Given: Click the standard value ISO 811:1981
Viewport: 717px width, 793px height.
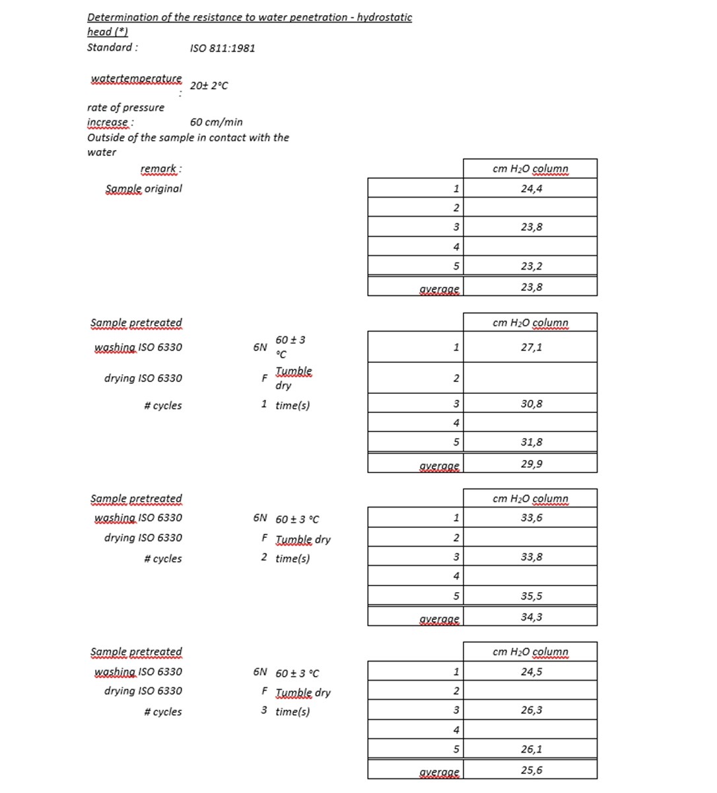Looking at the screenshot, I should pos(222,48).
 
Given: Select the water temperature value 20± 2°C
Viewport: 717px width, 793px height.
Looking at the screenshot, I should pos(209,86).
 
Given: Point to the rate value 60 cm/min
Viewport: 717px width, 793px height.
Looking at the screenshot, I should pos(216,122).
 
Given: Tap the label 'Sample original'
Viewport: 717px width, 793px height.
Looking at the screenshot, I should pos(143,188).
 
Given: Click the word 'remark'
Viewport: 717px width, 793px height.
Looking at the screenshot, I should pos(159,169).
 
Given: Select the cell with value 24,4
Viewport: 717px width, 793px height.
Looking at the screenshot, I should pos(531,188).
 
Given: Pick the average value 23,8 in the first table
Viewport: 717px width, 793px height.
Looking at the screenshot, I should pos(531,287).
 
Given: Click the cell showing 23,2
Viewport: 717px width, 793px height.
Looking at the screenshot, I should pos(531,266).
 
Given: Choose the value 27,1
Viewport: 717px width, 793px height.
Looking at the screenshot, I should pos(531,347).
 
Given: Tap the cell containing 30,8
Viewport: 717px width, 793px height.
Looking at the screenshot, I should pos(531,404).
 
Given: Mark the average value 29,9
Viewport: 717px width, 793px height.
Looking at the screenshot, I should pos(531,464).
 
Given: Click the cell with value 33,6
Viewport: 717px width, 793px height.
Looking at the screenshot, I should pos(531,518).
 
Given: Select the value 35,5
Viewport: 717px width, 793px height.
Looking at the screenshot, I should pos(531,596).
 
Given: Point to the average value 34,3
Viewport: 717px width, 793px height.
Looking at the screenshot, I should pos(531,617).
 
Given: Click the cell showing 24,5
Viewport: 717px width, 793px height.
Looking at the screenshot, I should pos(531,672).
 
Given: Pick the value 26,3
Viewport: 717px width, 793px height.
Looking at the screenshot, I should pos(531,710).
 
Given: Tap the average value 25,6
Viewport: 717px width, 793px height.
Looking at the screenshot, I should pos(531,771).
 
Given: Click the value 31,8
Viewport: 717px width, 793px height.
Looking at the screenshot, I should pos(531,442).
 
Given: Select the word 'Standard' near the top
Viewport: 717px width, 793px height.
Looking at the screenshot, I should pos(110,48).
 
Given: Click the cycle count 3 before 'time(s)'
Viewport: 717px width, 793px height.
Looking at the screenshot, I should pos(264,710).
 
